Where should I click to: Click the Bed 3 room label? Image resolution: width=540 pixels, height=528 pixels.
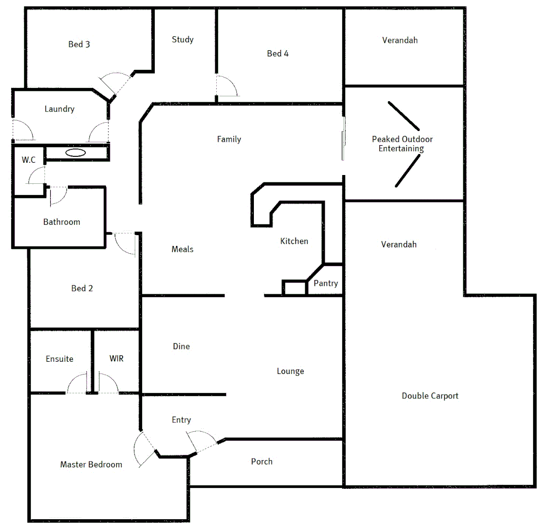(x=79, y=44)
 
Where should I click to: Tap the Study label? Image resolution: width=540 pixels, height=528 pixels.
(x=183, y=40)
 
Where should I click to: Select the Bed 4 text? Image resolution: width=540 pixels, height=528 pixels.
(x=277, y=53)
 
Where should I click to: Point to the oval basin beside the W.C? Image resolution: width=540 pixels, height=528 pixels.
(x=76, y=153)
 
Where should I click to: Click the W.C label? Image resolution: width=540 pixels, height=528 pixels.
(x=28, y=160)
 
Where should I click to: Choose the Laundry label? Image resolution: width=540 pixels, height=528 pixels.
(x=59, y=109)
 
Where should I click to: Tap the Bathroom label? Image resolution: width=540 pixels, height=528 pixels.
(x=62, y=222)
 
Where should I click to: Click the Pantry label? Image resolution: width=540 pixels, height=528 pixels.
(x=326, y=283)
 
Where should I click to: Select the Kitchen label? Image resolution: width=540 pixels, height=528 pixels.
(x=294, y=241)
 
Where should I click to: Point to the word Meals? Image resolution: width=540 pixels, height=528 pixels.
(x=182, y=249)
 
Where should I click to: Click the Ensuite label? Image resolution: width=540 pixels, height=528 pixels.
(x=60, y=359)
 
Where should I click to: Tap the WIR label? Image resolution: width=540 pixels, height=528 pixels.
(x=117, y=358)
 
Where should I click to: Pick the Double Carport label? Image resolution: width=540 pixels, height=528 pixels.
(x=430, y=396)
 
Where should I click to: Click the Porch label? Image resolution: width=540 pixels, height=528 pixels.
(x=262, y=462)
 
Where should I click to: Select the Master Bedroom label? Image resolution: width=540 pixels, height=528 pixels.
(x=91, y=464)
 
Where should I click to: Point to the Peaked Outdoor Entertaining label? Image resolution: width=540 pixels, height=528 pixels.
(x=402, y=144)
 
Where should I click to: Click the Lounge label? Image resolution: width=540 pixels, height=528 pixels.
(x=291, y=371)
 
